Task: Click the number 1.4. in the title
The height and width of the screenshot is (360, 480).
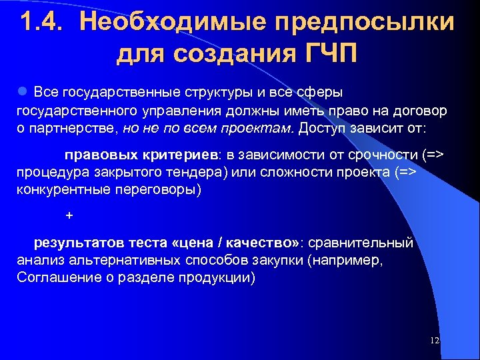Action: pos(43,22)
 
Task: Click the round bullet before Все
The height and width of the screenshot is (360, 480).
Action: pos(22,90)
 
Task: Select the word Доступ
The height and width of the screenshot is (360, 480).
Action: pos(323,127)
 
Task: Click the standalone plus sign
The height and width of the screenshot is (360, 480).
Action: pos(69,216)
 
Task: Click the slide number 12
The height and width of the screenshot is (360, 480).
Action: pos(435,341)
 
